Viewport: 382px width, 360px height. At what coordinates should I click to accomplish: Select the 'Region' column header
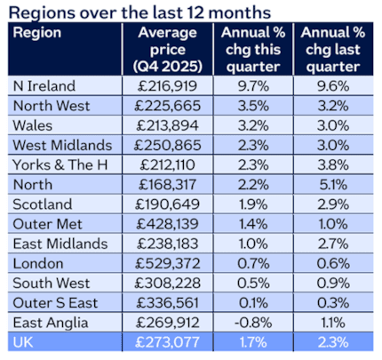tap(36, 32)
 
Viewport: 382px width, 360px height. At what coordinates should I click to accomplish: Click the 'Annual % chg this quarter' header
tap(250, 48)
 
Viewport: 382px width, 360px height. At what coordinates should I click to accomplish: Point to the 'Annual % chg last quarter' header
tap(330, 48)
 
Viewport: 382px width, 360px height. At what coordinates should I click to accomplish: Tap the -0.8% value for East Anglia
tap(250, 322)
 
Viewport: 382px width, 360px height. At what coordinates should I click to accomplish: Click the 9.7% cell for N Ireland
tap(250, 87)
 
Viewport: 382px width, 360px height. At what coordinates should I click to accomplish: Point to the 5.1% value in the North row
tap(330, 185)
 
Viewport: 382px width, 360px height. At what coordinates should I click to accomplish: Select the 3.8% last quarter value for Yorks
tap(330, 165)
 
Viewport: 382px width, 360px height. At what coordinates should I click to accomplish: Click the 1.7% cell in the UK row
tap(250, 341)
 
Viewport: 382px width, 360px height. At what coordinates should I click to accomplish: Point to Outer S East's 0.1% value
tap(250, 302)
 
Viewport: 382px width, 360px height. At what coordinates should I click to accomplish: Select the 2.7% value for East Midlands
tap(330, 244)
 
